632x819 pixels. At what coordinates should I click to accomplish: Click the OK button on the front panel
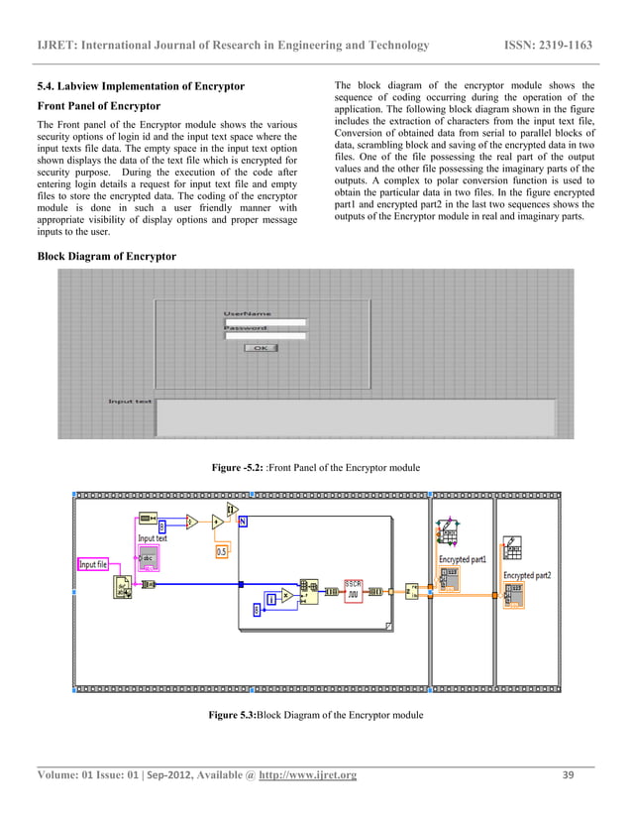tap(261, 348)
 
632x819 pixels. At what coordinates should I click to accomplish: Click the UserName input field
tap(264, 322)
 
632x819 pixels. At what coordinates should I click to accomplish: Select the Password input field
tap(264, 336)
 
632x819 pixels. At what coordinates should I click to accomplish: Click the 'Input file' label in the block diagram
tap(93, 565)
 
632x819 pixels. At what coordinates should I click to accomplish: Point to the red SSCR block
tap(354, 589)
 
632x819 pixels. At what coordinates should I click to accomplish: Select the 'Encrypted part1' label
tap(463, 560)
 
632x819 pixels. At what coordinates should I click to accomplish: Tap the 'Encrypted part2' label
tap(527, 575)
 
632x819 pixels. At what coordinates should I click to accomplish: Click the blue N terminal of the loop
tap(244, 523)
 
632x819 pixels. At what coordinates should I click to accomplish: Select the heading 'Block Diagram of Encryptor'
tap(107, 257)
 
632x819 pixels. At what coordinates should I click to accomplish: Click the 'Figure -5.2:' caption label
tap(234, 468)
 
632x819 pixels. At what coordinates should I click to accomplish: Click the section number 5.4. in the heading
tap(47, 86)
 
